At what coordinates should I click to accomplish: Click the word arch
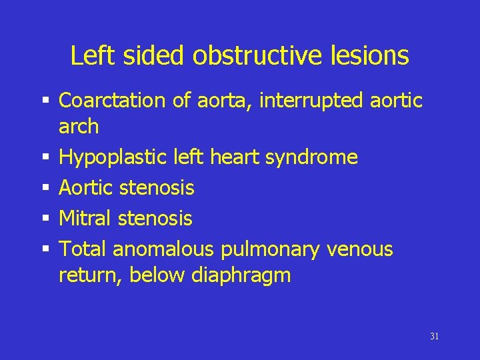pyautogui.click(x=79, y=126)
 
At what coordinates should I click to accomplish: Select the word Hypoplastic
pyautogui.click(x=107, y=157)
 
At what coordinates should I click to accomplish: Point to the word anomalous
pyautogui.click(x=163, y=249)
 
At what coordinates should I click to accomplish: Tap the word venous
pyautogui.click(x=360, y=249)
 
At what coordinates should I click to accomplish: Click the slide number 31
pyautogui.click(x=435, y=337)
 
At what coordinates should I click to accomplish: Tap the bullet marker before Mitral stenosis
pyautogui.click(x=46, y=219)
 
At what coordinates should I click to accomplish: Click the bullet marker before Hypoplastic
pyautogui.click(x=46, y=158)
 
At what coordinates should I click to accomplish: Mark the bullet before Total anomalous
pyautogui.click(x=46, y=250)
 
